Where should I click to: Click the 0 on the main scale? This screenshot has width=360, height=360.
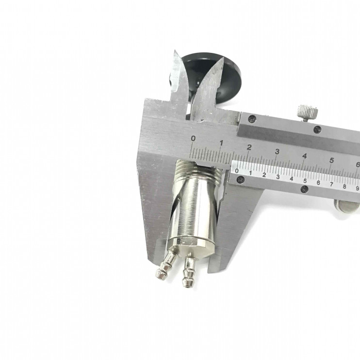(193, 138)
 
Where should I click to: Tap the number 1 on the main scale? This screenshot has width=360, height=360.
(221, 143)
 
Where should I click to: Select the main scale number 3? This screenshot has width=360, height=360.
(277, 151)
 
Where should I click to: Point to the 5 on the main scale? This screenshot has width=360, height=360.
(331, 160)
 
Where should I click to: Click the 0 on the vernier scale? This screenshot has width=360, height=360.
(237, 171)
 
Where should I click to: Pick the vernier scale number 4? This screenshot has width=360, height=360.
(292, 179)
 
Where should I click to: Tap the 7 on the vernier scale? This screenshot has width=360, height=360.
(331, 184)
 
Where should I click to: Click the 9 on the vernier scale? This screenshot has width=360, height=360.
(357, 188)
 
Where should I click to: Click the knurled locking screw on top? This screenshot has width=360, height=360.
(308, 113)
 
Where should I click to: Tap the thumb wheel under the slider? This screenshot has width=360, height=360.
(346, 206)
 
